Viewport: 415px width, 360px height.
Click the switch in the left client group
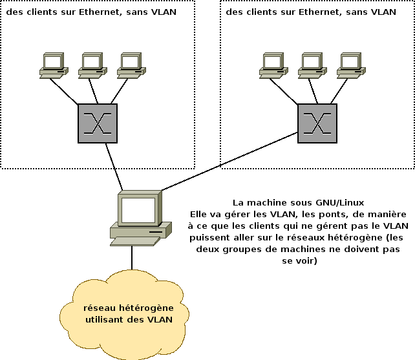coord(98,123)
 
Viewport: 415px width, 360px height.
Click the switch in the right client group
coord(317,123)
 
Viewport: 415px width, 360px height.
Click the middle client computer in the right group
coord(312,65)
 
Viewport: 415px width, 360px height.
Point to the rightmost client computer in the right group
coord(350,65)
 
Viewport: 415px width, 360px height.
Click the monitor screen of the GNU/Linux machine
coord(138,209)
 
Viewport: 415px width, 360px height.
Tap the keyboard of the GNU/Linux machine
coord(135,240)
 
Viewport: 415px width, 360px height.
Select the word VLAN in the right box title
coord(384,11)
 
